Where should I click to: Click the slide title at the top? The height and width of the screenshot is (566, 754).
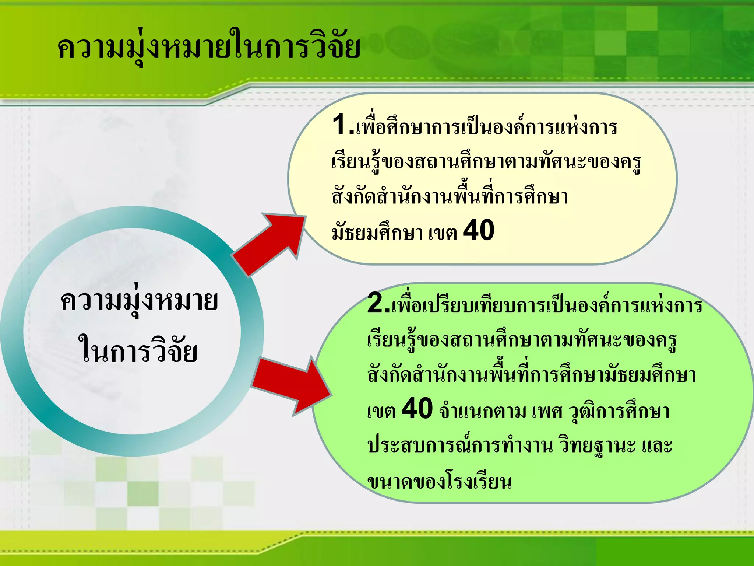[209, 48]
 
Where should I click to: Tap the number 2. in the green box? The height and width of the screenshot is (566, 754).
[378, 303]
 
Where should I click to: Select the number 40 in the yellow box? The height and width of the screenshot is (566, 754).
[478, 230]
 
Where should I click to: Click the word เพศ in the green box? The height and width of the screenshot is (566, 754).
[547, 411]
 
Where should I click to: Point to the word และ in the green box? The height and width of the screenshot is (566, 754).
[657, 446]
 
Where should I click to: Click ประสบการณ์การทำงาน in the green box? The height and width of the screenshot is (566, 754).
[460, 446]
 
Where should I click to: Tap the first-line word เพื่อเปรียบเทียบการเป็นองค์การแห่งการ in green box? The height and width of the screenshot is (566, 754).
[547, 306]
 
